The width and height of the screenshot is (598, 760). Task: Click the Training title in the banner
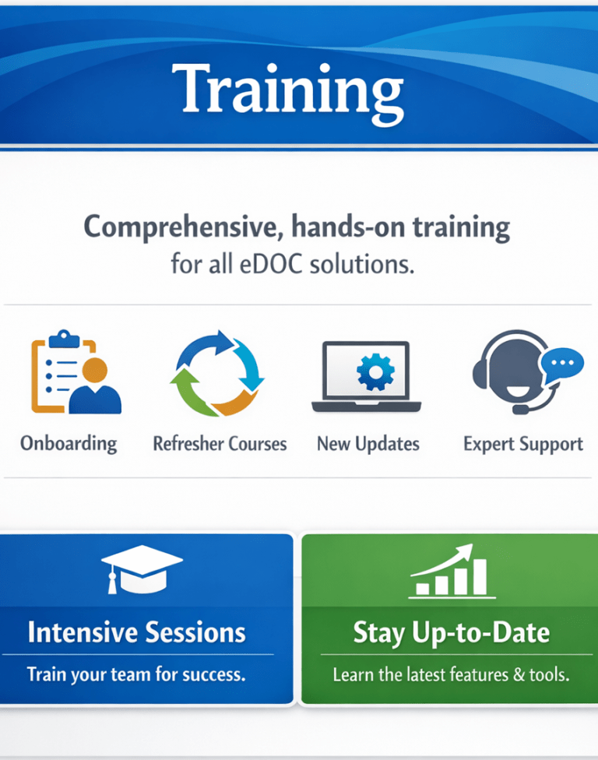tap(288, 92)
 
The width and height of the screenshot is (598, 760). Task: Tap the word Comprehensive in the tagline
tap(183, 227)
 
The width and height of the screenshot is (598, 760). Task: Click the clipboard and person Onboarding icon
tap(76, 371)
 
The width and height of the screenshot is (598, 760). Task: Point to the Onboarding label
tap(69, 444)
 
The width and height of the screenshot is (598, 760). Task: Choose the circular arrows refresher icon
tap(217, 373)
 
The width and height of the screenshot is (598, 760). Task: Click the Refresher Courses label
tap(220, 444)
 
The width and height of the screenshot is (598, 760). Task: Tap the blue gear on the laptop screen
tap(375, 371)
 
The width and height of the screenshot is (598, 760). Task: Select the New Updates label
tap(368, 444)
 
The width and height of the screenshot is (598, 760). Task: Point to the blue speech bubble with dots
tap(562, 364)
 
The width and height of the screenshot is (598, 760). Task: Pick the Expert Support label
tap(523, 444)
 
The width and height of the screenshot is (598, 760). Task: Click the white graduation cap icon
tap(142, 569)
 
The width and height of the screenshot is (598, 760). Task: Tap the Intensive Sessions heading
tap(137, 632)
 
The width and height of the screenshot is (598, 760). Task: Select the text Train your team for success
tap(136, 674)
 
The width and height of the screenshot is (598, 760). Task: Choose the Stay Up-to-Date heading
tap(452, 633)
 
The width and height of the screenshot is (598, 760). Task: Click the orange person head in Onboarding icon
tap(94, 371)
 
